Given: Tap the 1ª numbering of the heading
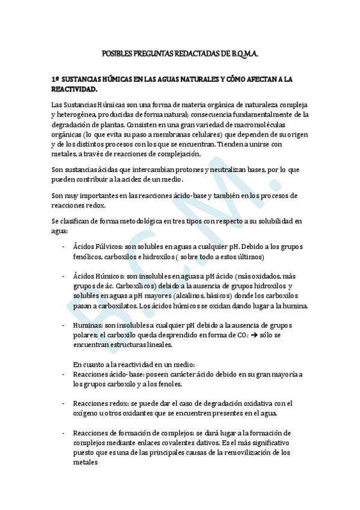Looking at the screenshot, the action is coord(55,79).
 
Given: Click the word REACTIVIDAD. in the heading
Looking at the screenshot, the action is coord(74,89).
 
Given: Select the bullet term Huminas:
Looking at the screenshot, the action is coord(88,325).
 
